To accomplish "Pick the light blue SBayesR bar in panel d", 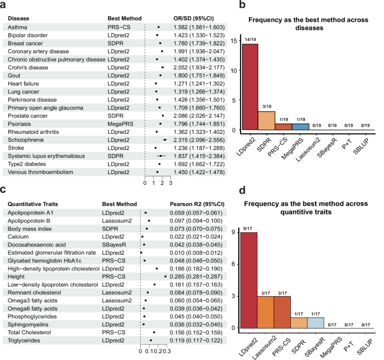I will (316, 322).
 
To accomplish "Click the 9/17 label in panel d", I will (249, 229).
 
